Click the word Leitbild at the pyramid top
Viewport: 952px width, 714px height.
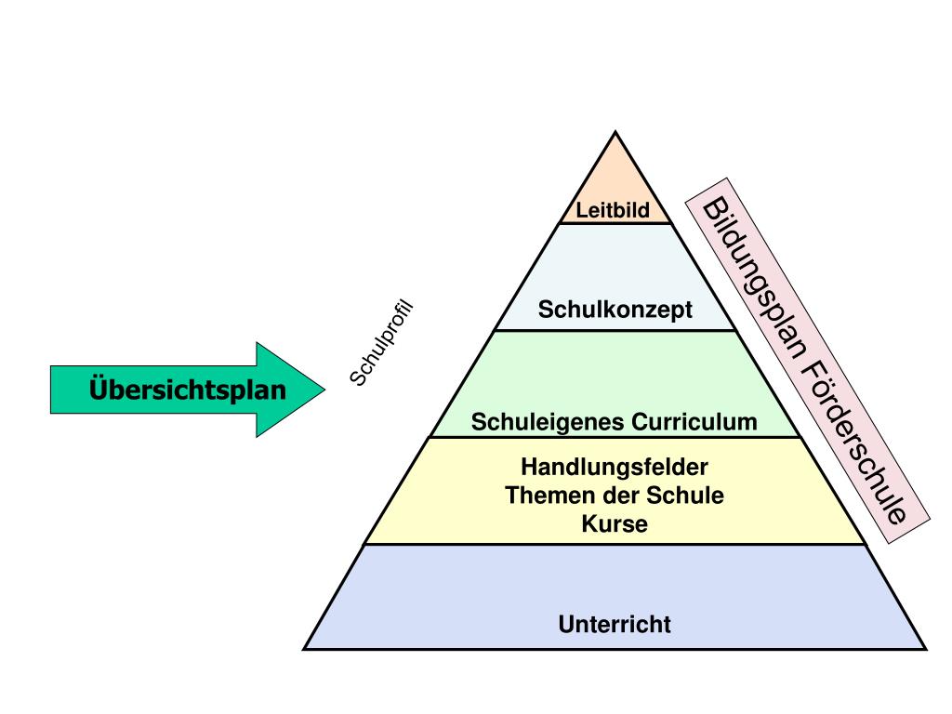tap(612, 210)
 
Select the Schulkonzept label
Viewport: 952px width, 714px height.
tap(615, 310)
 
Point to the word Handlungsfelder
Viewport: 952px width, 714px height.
tap(615, 465)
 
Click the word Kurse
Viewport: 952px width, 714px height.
tap(615, 523)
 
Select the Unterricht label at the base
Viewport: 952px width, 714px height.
tap(615, 624)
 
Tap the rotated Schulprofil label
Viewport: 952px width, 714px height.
tap(380, 343)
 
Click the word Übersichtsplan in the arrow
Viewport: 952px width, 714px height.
tap(188, 389)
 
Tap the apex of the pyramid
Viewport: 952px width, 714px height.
tap(615, 133)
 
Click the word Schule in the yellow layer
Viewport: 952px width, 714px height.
tap(690, 495)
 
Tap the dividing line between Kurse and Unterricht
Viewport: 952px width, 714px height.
tap(615, 544)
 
